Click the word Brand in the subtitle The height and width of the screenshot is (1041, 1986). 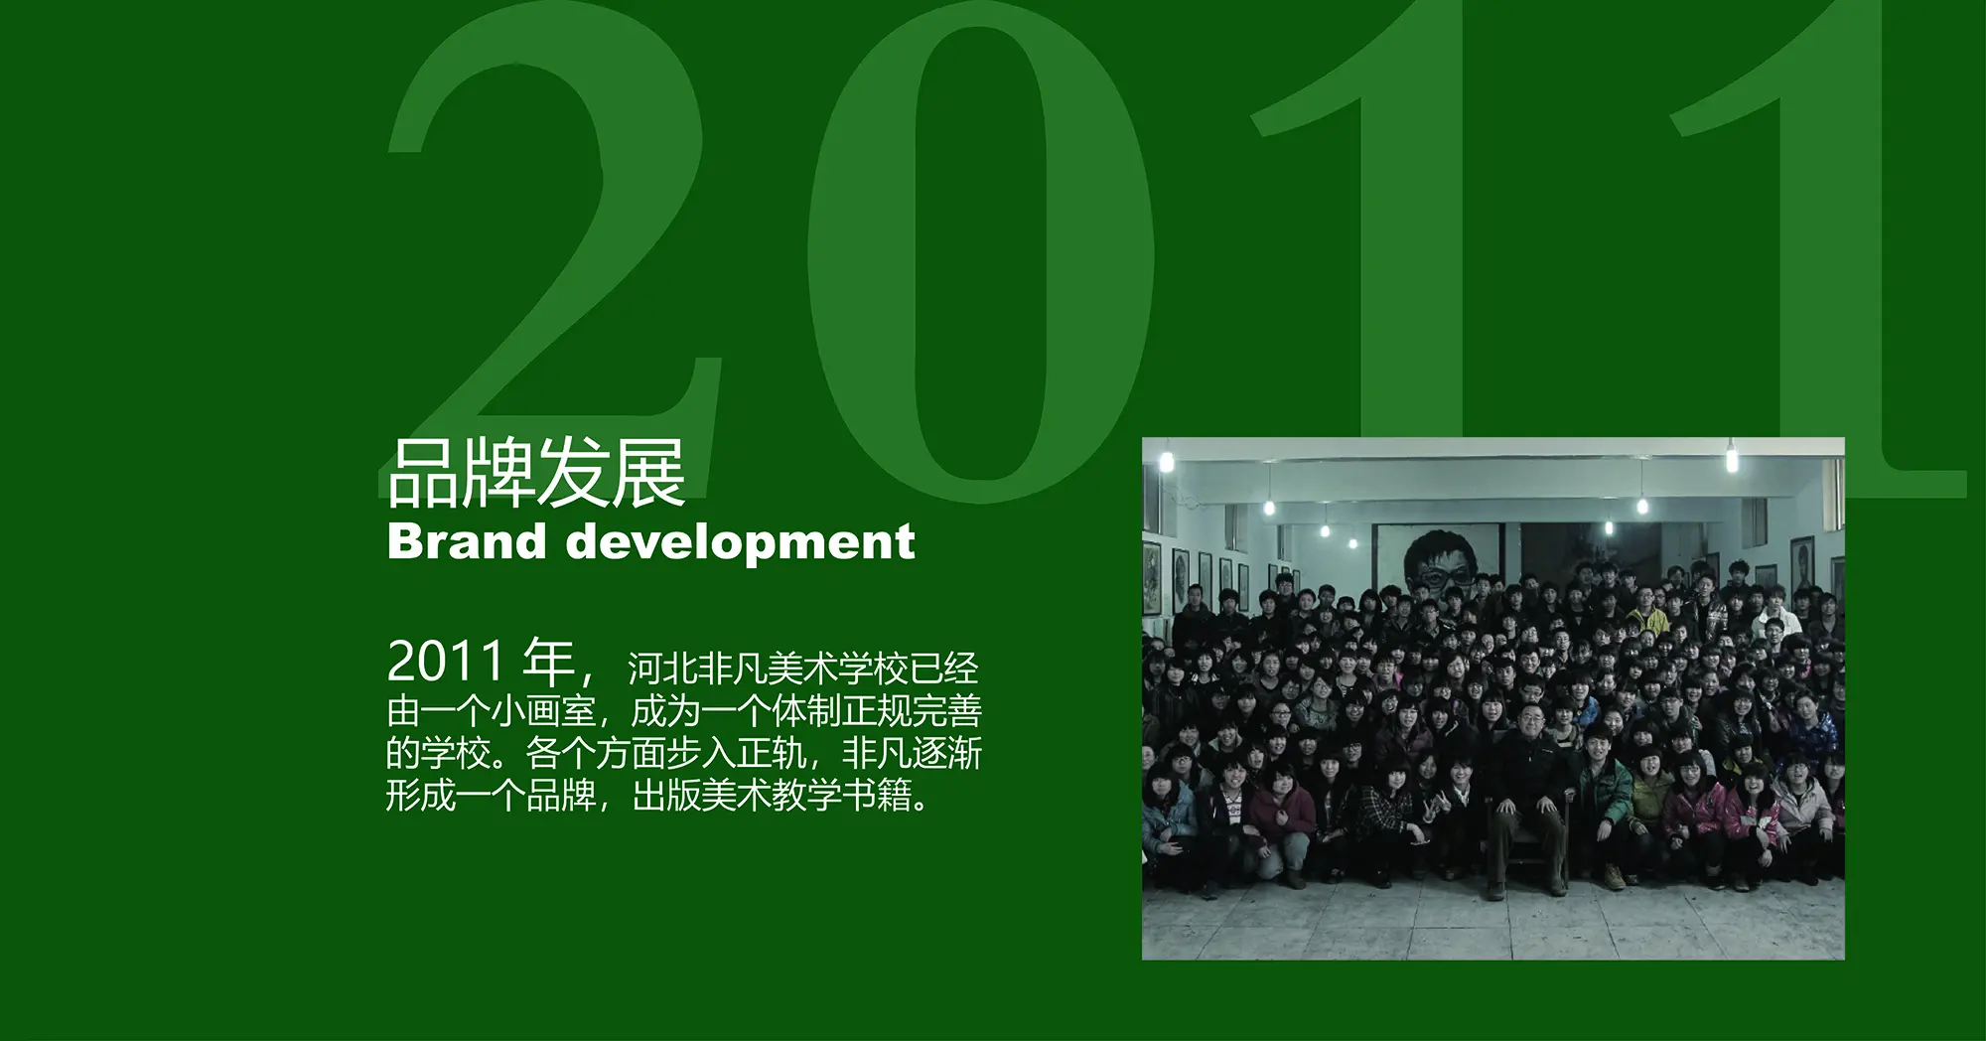point(467,541)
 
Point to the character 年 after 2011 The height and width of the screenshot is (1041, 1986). point(549,662)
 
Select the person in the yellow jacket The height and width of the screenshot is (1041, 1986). point(1648,612)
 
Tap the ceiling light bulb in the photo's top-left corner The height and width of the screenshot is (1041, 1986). point(1166,461)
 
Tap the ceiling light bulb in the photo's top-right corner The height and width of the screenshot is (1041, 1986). point(1732,459)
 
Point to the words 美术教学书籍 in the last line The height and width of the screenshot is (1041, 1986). point(805,796)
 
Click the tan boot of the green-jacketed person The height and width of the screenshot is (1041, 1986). point(1615,876)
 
